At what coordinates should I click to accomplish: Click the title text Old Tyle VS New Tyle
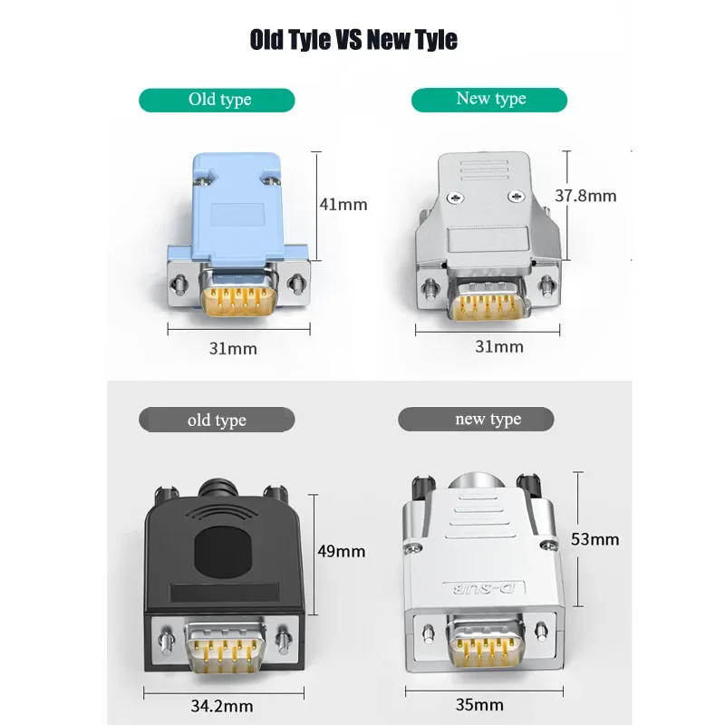click(353, 41)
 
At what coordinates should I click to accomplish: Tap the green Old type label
click(217, 100)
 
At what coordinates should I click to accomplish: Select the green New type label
click(489, 99)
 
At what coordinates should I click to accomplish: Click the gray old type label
click(217, 420)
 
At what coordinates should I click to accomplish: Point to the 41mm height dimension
click(343, 204)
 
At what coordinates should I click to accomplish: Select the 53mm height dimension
click(595, 539)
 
